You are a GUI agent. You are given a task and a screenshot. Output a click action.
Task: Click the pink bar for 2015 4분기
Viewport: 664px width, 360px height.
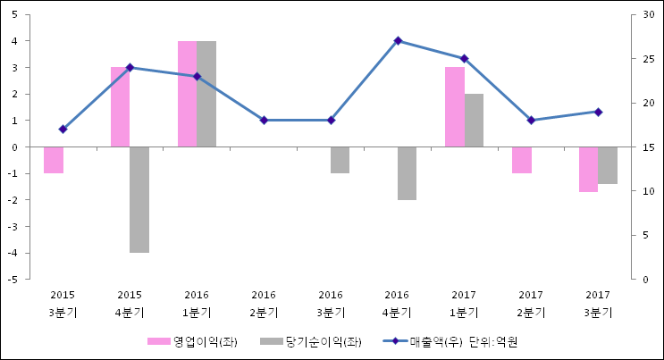[x=120, y=106]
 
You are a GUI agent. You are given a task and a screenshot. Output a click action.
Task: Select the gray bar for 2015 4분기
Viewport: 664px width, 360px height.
[x=139, y=199]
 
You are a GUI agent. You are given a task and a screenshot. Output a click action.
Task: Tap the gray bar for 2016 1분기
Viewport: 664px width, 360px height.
[x=206, y=94]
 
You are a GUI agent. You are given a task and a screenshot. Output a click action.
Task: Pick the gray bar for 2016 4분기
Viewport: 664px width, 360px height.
[x=407, y=173]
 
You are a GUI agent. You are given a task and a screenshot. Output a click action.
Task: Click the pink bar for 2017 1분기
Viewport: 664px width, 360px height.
[x=454, y=106]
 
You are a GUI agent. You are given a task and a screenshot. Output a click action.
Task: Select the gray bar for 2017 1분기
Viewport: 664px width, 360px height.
[x=474, y=120]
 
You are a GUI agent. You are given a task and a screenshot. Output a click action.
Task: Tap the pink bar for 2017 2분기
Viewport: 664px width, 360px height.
[x=521, y=160]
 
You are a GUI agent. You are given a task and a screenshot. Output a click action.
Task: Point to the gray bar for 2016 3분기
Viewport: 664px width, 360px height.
[x=340, y=160]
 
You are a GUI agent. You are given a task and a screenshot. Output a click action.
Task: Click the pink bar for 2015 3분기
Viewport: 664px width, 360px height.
[x=54, y=160]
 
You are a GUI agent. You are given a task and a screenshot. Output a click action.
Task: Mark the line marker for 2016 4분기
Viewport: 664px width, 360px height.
[x=398, y=40]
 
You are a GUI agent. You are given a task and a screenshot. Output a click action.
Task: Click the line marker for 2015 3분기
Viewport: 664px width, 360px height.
[x=63, y=130]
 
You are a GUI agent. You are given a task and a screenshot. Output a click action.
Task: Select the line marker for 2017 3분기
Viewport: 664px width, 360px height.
[x=598, y=112]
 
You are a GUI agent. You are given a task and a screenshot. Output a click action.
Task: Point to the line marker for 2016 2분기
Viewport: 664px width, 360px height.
[x=264, y=120]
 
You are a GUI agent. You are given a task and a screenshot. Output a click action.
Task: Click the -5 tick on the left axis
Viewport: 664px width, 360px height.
[x=18, y=280]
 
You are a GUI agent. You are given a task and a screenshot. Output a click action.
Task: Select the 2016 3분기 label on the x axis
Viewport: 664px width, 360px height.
[x=331, y=303]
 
